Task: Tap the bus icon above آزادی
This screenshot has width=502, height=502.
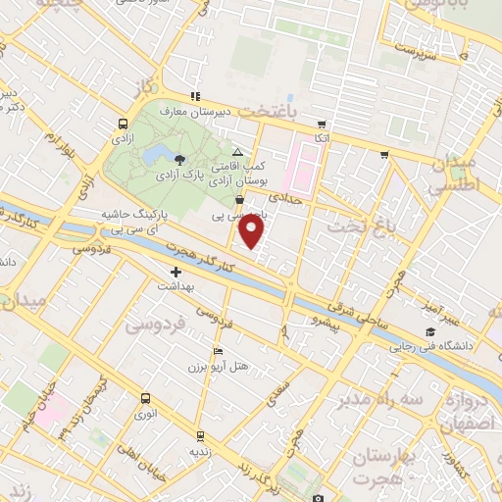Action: click(123, 125)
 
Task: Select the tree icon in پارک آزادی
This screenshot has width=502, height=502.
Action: click(178, 159)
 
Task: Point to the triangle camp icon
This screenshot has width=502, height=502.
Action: click(238, 153)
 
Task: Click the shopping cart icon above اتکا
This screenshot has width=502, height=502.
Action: click(321, 125)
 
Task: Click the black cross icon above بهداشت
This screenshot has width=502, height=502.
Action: click(176, 272)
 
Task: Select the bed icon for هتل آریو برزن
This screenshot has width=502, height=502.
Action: click(218, 351)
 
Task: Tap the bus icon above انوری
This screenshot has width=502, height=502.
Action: click(145, 398)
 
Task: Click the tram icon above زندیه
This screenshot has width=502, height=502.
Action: click(200, 435)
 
